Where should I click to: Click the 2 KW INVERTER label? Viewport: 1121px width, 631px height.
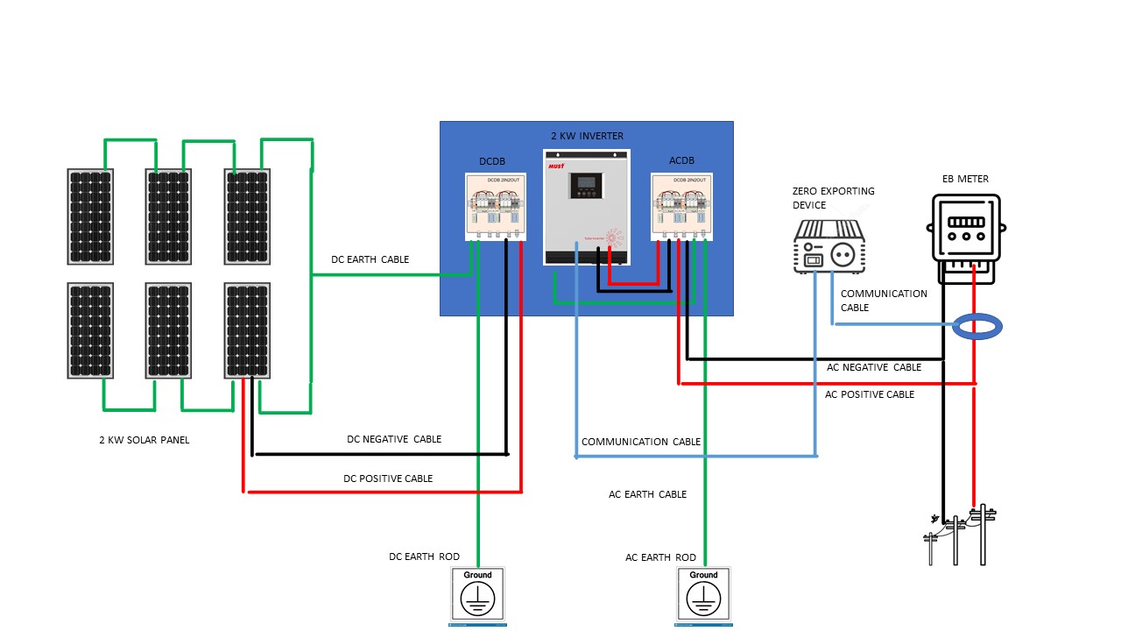tap(587, 136)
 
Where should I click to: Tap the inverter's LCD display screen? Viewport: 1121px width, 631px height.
tap(586, 186)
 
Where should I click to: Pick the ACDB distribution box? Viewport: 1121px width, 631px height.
tap(681, 207)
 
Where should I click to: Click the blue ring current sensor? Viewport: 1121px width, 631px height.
tap(976, 327)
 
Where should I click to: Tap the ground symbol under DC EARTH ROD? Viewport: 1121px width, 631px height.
tap(478, 595)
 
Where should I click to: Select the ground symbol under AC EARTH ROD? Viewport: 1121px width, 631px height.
tap(704, 595)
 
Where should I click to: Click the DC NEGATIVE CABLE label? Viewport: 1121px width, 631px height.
tap(394, 439)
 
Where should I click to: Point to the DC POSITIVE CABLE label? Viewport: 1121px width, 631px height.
tap(388, 479)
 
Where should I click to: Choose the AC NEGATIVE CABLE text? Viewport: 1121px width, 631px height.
tap(874, 368)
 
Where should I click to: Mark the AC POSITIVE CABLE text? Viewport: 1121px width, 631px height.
tap(870, 395)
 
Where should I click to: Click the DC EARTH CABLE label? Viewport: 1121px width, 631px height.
tap(370, 260)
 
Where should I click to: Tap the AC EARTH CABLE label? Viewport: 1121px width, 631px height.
tap(647, 495)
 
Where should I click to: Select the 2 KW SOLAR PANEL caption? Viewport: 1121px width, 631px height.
tap(144, 441)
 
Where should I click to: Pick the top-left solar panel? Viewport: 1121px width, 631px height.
tap(90, 216)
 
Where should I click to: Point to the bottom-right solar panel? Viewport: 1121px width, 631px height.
tap(247, 330)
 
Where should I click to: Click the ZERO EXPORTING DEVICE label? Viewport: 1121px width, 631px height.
tap(833, 198)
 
